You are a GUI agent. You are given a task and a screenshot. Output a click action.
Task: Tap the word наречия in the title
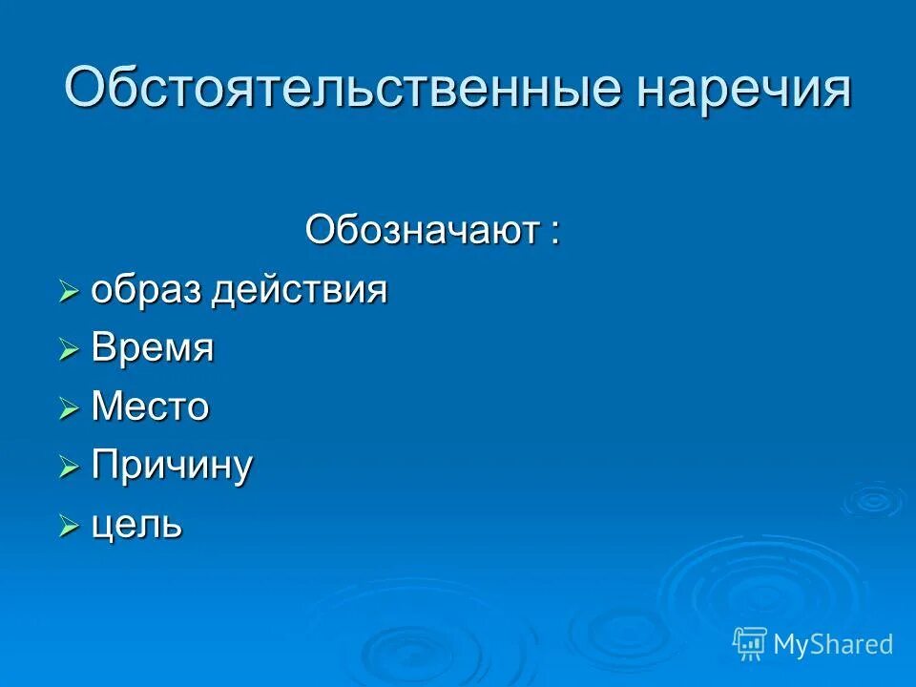742,89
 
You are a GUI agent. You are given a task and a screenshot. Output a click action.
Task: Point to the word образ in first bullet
147,290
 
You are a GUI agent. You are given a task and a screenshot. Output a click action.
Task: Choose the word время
153,349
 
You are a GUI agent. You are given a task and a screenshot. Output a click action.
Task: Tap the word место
150,407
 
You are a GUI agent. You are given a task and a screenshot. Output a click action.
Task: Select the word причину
172,467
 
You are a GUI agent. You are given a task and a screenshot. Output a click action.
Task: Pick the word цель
136,525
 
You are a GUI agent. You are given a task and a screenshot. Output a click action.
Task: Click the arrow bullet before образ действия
68,292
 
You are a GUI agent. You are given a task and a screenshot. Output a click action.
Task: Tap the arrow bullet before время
68,351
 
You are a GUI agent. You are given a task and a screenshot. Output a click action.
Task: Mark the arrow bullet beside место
68,409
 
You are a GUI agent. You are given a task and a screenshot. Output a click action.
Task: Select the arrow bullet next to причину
68,468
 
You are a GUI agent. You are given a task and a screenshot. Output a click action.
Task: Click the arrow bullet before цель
68,526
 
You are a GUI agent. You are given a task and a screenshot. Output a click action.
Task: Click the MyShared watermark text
833,644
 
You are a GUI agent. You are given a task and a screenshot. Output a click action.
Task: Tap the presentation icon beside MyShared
750,644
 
